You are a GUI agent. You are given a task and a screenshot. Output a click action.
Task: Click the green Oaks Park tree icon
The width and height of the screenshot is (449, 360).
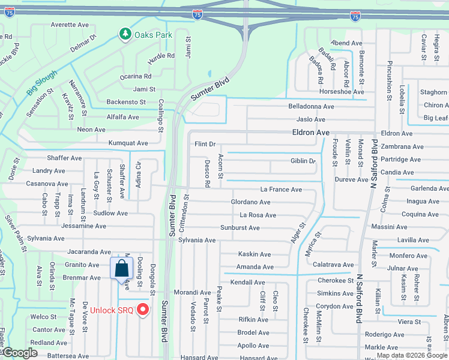click(x=125, y=34)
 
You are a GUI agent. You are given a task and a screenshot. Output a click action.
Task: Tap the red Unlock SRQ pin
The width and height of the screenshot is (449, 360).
click(x=143, y=310)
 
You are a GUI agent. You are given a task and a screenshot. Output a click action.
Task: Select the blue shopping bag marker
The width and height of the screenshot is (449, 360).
click(x=121, y=268)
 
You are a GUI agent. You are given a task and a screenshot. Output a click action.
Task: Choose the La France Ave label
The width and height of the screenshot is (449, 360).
click(x=281, y=190)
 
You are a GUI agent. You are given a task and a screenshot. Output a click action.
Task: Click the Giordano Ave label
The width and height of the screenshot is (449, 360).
click(x=254, y=202)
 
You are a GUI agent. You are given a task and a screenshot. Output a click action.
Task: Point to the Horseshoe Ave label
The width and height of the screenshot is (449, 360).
click(x=342, y=92)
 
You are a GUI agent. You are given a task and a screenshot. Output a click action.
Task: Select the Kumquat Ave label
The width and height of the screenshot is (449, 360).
click(x=128, y=143)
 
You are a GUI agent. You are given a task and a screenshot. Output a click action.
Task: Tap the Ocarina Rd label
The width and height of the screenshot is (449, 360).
click(x=135, y=76)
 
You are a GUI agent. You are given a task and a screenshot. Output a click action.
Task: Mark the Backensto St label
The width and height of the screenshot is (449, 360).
click(x=126, y=103)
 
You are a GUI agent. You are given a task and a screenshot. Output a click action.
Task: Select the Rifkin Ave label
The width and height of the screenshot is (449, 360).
click(x=253, y=320)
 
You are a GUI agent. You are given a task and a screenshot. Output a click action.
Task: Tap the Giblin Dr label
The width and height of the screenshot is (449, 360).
click(x=303, y=161)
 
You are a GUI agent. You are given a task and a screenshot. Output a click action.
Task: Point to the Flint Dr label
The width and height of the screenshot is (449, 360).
click(x=205, y=144)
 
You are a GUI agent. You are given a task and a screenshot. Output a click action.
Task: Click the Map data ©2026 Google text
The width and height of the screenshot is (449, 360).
click(x=411, y=355)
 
